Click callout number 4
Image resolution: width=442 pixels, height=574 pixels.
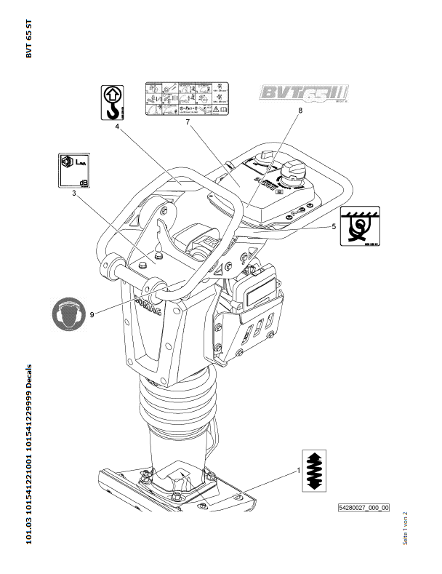116,126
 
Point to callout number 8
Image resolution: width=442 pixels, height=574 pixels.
299,111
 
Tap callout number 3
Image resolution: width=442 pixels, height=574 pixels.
73,194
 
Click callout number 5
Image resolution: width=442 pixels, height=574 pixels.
333,226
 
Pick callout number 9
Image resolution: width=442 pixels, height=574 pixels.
92,314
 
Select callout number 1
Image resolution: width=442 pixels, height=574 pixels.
298,471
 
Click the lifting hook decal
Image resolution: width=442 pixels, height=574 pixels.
112,102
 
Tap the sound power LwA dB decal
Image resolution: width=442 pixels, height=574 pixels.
73,170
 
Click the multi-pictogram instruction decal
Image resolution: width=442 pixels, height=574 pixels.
185,99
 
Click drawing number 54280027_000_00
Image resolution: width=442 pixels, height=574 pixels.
363,508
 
